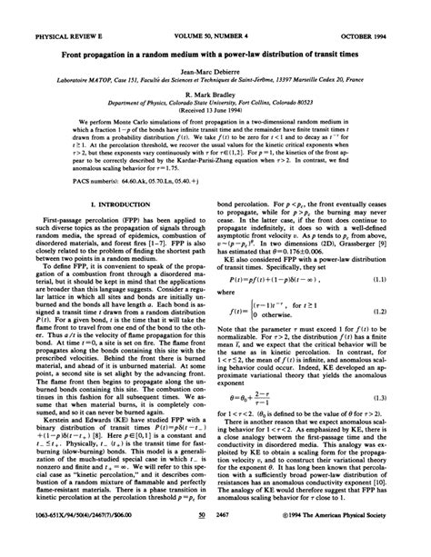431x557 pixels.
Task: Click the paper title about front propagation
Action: pyautogui.click(x=215, y=28)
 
